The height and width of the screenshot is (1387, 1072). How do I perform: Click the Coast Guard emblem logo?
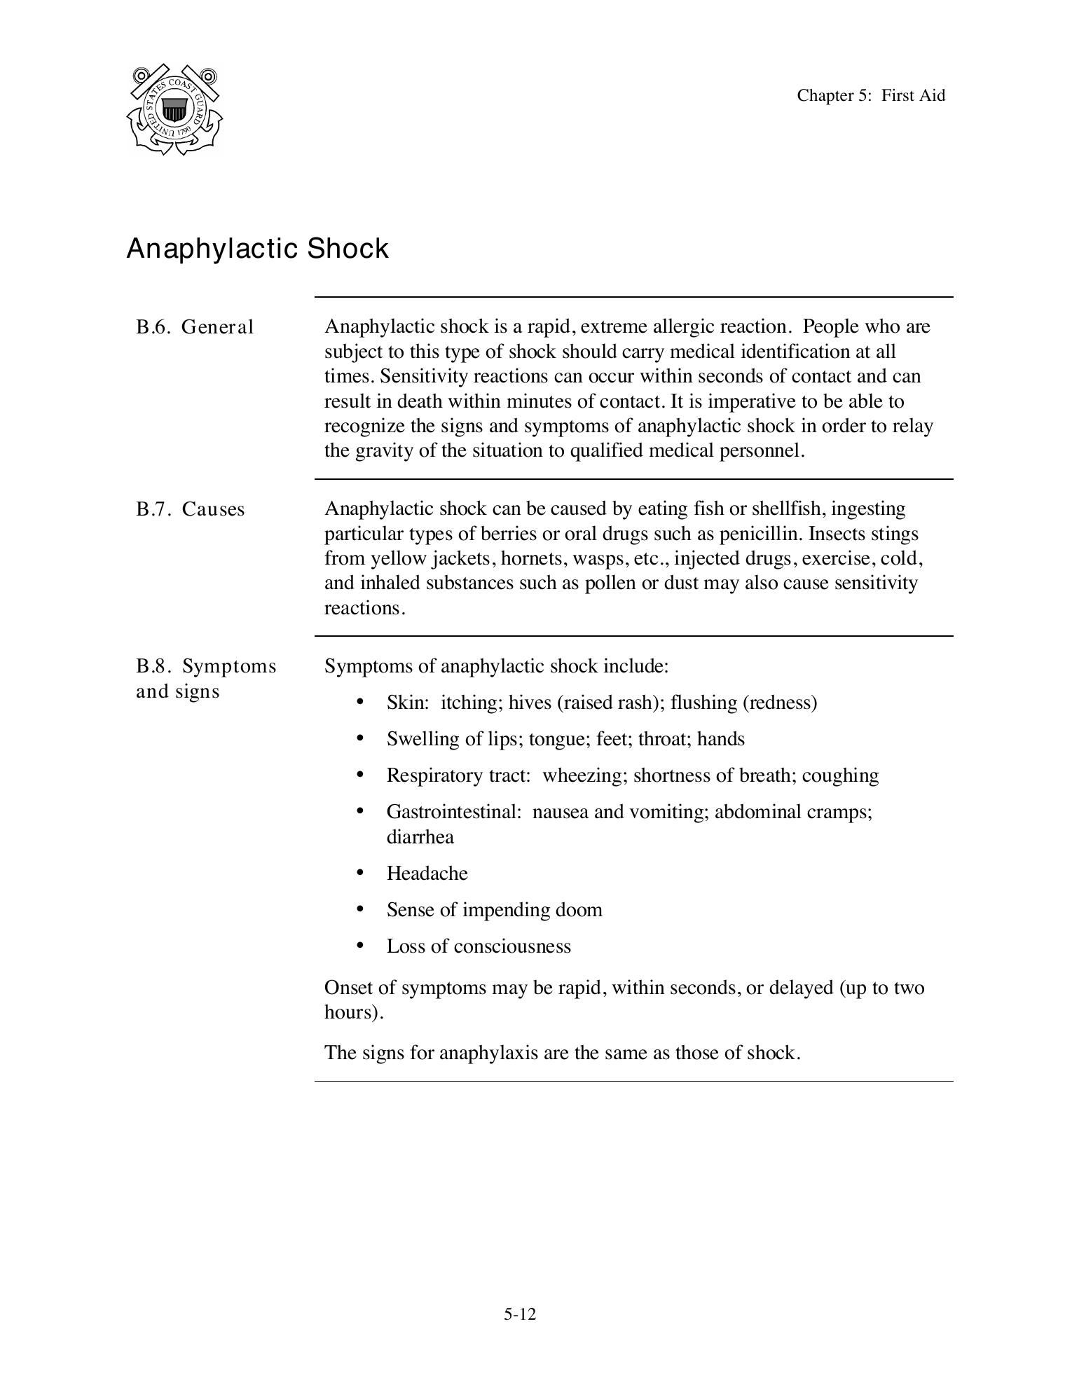(174, 110)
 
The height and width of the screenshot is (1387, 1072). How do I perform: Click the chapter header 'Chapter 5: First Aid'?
(870, 95)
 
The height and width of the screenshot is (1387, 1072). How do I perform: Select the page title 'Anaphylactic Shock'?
(257, 249)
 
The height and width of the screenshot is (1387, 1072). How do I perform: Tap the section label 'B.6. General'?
(195, 327)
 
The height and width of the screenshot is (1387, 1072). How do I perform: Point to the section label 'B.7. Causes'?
(190, 509)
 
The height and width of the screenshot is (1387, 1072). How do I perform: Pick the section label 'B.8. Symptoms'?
(206, 666)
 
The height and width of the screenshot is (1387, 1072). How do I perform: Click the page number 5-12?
(519, 1314)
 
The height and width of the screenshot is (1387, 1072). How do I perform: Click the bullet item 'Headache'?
(427, 874)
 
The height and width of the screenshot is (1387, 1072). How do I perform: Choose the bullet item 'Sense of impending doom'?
(494, 910)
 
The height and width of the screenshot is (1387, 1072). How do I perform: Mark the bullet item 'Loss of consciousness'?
(479, 946)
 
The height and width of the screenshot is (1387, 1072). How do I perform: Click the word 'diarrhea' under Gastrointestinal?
(420, 837)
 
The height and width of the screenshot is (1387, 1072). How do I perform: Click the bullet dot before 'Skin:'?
(360, 702)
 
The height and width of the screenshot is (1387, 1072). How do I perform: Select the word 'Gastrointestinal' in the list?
(452, 812)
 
